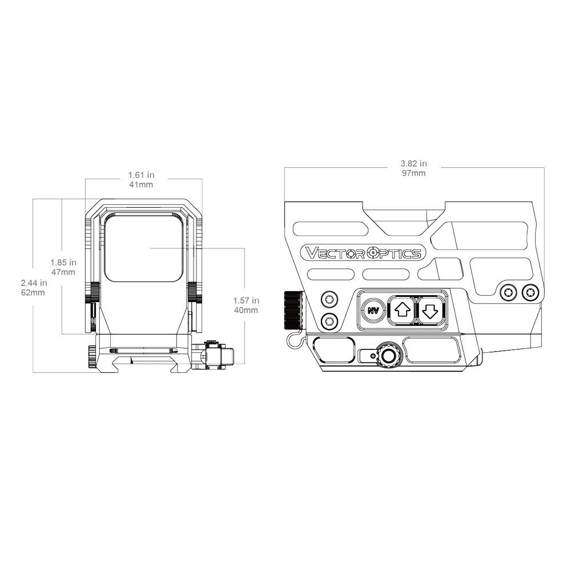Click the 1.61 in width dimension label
[x=141, y=175]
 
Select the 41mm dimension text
[x=141, y=184]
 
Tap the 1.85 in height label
[x=63, y=263]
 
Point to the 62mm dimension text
[x=33, y=292]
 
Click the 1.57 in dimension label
[x=246, y=301]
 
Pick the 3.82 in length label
[x=413, y=163]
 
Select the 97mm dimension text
[x=413, y=173]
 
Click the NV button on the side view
[x=373, y=311]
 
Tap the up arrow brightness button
[x=403, y=311]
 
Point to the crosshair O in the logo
[x=373, y=253]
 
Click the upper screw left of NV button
[x=329, y=299]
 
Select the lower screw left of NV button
[x=329, y=321]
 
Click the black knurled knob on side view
[x=293, y=309]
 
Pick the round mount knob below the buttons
[x=389, y=354]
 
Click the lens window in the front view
[x=144, y=248]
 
